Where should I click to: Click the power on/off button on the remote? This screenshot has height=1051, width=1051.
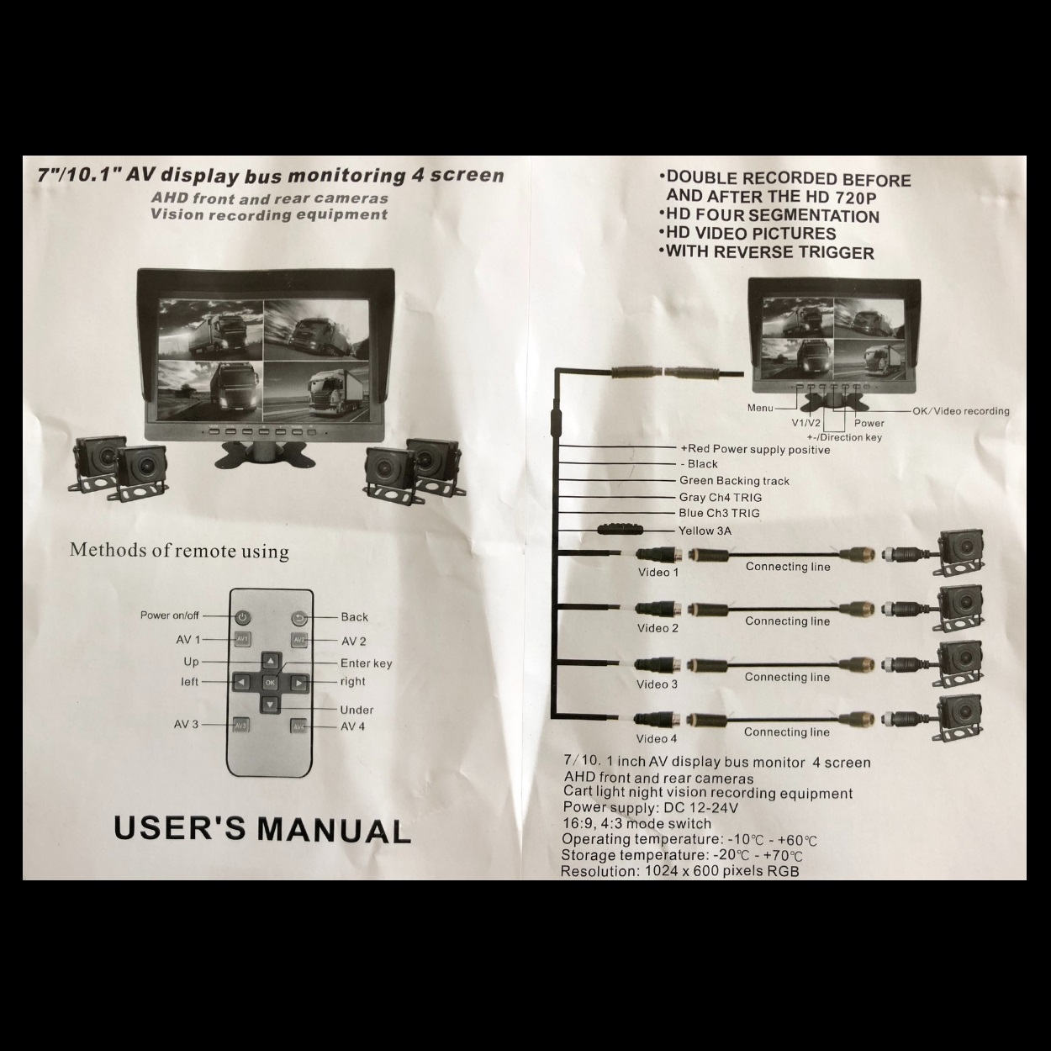(x=242, y=617)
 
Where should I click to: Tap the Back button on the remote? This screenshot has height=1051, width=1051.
(x=298, y=618)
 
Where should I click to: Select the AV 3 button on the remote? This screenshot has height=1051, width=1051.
(x=241, y=725)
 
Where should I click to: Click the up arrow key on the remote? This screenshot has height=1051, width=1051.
(x=270, y=661)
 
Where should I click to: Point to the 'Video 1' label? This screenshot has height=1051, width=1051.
(x=658, y=573)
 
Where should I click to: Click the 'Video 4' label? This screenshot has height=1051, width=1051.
(x=656, y=739)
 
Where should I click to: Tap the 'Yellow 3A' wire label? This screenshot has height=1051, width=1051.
(x=705, y=531)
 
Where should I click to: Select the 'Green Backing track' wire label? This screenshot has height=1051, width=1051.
(x=734, y=481)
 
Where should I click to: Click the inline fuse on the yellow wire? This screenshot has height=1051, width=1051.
(x=619, y=531)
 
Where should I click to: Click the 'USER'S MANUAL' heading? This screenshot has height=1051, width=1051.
(x=261, y=829)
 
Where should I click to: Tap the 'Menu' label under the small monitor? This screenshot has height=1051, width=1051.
(x=759, y=408)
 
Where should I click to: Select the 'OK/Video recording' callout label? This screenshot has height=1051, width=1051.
(x=960, y=411)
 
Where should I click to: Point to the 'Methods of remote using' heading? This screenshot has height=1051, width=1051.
(x=179, y=551)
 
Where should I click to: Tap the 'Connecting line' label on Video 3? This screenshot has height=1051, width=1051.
(x=786, y=677)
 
